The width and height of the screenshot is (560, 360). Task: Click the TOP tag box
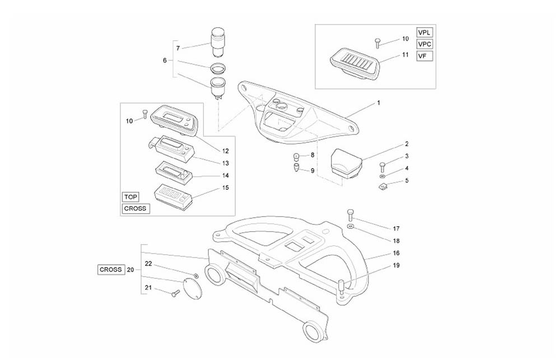(x=130, y=197)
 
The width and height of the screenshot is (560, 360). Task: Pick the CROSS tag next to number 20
(x=110, y=269)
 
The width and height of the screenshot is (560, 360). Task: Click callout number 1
(x=379, y=103)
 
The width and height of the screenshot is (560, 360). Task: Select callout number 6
(x=165, y=60)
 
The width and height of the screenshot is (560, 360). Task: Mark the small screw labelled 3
(x=382, y=166)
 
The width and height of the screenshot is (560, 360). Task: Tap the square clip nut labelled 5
(x=382, y=185)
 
